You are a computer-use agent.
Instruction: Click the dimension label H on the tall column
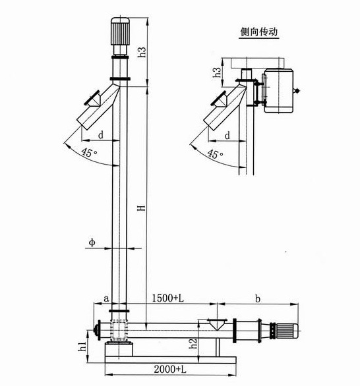pos(140,209)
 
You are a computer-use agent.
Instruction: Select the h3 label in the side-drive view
pos(217,72)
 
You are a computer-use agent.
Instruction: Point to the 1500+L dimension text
pos(169,298)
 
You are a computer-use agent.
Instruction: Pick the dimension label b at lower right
pos(256,298)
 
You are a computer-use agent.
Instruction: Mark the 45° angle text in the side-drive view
pos(214,153)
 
